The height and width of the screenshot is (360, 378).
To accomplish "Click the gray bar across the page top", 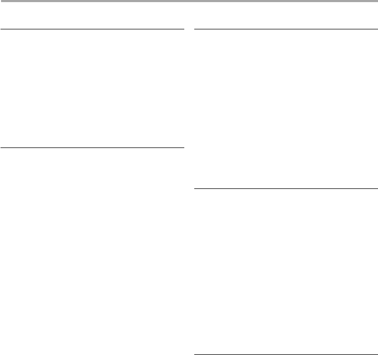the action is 189,2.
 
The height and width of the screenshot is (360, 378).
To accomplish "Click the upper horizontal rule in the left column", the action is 92,29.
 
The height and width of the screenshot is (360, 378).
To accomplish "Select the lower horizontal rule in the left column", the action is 92,148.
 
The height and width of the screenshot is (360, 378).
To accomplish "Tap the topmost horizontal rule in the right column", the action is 286,29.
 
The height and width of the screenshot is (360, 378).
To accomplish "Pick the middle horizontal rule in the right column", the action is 286,188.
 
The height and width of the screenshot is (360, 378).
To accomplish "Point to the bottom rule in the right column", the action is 286,355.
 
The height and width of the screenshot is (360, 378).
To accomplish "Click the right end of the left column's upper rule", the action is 183,29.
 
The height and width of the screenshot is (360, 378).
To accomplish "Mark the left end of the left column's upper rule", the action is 2,29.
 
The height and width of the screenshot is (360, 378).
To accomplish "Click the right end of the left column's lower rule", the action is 183,148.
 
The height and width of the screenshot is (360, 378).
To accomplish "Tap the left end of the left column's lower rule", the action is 2,148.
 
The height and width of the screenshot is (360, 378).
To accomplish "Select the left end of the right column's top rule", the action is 195,29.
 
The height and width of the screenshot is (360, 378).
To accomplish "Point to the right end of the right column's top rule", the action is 376,29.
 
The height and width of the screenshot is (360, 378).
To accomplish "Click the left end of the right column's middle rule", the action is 195,188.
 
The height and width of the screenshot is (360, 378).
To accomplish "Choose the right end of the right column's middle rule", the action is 376,188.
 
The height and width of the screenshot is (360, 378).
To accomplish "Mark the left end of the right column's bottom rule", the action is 195,355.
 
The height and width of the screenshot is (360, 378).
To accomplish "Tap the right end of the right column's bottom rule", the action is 376,355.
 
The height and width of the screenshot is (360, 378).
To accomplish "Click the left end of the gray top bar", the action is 2,2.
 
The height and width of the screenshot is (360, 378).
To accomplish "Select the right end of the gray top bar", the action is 376,2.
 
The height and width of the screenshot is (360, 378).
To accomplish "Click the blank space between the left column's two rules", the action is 92,89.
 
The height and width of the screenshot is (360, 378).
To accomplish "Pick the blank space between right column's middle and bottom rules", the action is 286,271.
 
